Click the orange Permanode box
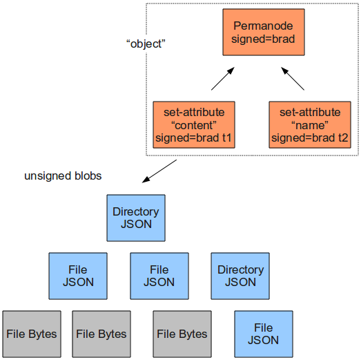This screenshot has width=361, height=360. (x=264, y=32)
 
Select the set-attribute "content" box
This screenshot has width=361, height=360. (x=194, y=124)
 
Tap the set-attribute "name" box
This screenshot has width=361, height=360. (x=310, y=124)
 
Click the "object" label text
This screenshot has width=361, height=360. (x=146, y=44)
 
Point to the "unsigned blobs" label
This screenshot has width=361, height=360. (x=63, y=176)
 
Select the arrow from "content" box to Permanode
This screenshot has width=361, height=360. (x=223, y=79)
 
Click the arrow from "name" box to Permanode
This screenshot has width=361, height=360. (x=293, y=79)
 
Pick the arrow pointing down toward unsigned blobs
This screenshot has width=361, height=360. (x=159, y=171)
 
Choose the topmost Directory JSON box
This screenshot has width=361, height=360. (x=136, y=218)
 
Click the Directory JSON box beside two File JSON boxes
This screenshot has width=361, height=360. (x=240, y=276)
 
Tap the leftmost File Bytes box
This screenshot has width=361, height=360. (x=32, y=334)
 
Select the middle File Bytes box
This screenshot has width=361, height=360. (x=101, y=334)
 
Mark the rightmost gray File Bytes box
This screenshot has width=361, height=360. (x=182, y=334)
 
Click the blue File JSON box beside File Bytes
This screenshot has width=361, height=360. (x=264, y=334)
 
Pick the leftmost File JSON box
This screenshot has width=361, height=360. (x=78, y=276)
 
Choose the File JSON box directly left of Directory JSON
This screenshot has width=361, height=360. (x=159, y=276)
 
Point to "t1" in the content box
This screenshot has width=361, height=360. (x=226, y=138)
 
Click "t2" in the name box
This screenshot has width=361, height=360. (x=343, y=138)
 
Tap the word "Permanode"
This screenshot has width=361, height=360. (x=263, y=26)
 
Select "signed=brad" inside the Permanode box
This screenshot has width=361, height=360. (x=263, y=39)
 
